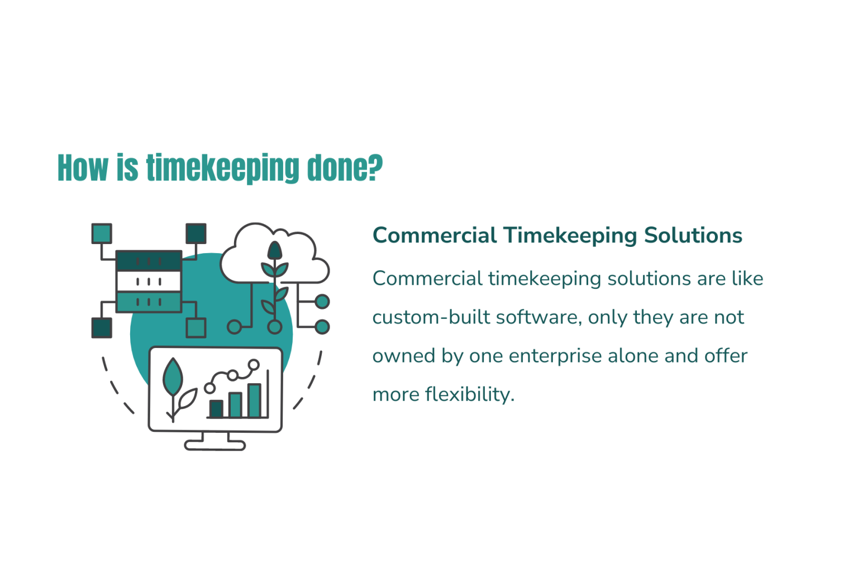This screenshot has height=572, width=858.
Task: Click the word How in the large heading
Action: click(x=83, y=168)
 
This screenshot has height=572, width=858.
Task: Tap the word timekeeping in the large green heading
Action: click(x=222, y=168)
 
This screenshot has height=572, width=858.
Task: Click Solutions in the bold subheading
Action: click(x=693, y=235)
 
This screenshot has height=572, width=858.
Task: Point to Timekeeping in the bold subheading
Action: click(x=569, y=235)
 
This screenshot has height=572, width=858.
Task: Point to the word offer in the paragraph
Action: click(x=726, y=356)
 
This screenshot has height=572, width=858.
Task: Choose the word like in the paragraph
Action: click(x=747, y=278)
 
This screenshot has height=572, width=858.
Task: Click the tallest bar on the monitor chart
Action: click(x=254, y=400)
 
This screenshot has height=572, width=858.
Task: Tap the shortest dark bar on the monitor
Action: click(x=216, y=408)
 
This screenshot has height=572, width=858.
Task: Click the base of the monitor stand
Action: click(x=215, y=445)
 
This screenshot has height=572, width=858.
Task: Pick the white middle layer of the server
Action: click(x=149, y=281)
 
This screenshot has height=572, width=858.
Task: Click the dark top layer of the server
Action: click(x=149, y=261)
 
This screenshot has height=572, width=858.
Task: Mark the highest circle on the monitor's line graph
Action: click(x=254, y=365)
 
